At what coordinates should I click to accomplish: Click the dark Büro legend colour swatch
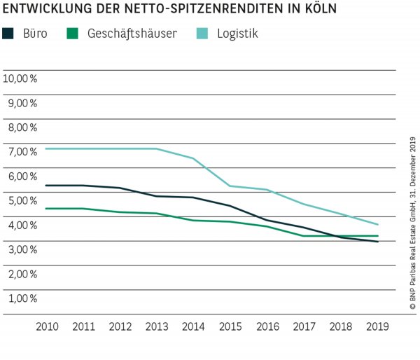tap(8, 33)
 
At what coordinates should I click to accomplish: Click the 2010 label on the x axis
tap(46, 326)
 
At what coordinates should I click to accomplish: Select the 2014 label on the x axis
tap(193, 326)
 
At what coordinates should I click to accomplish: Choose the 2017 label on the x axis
tap(304, 326)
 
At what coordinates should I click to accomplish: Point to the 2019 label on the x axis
tap(378, 326)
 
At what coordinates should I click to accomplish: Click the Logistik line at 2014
tap(193, 158)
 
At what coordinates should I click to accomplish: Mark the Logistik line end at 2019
tap(378, 225)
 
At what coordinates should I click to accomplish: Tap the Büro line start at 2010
tap(46, 186)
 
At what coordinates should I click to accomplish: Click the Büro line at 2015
tap(230, 206)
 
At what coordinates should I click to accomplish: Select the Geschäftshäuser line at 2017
tap(304, 236)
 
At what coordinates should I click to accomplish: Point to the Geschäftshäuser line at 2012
tap(120, 212)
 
